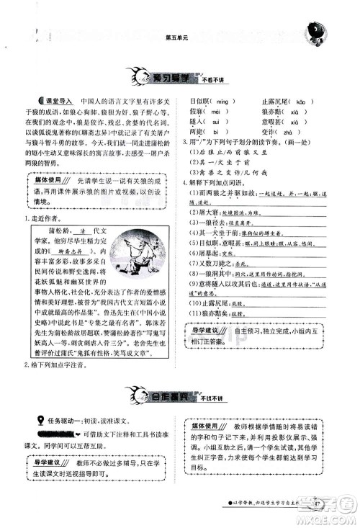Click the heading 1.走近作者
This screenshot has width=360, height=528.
[x=45, y=218]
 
